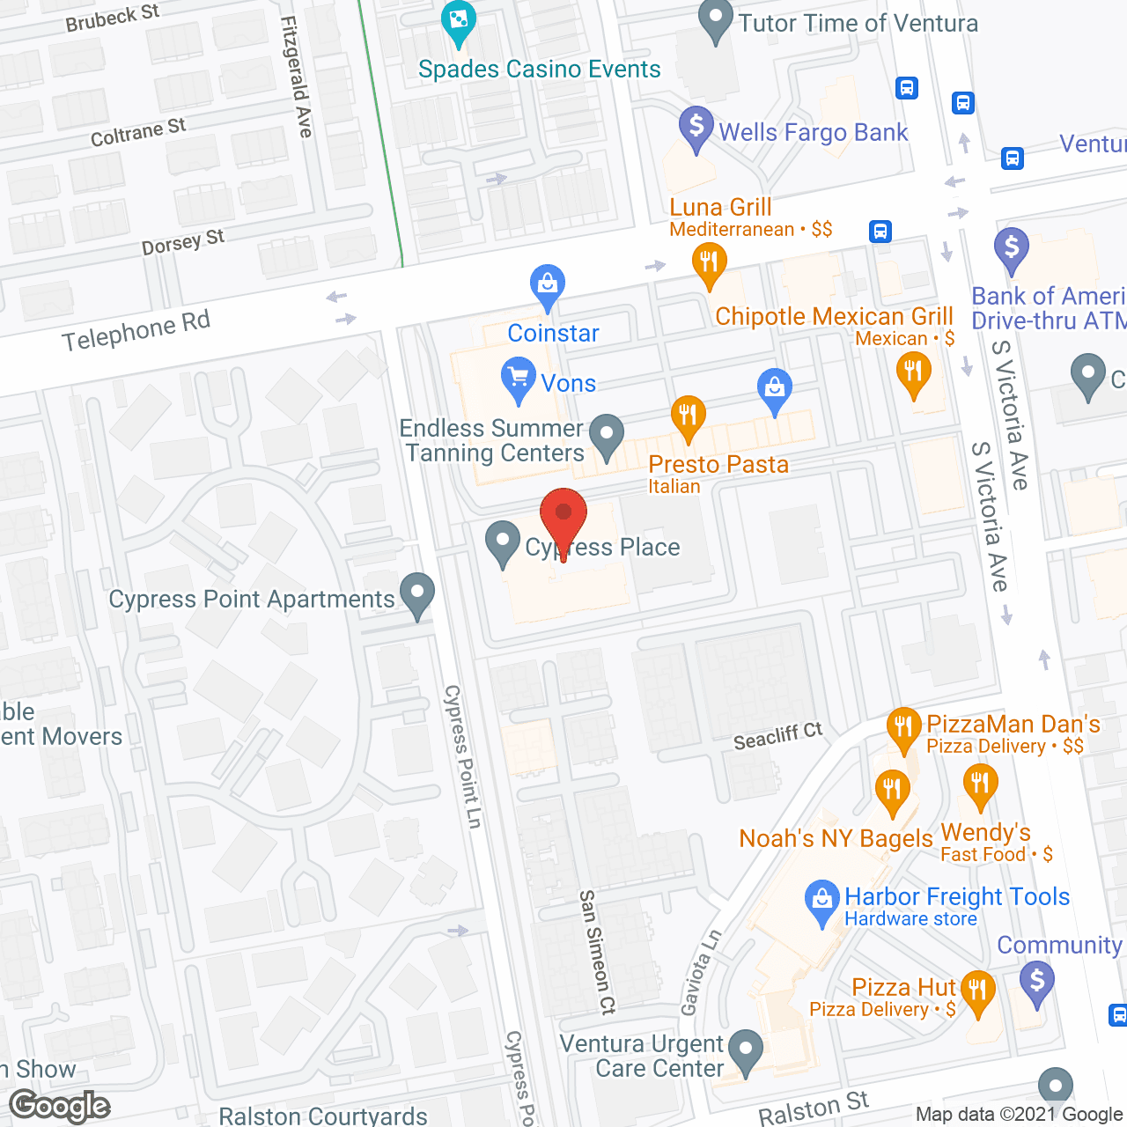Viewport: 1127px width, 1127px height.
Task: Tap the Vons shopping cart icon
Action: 518,379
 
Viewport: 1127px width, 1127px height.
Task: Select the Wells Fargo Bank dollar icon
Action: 696,128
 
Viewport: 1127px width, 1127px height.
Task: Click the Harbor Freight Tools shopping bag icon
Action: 821,901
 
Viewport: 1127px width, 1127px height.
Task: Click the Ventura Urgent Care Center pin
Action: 747,1050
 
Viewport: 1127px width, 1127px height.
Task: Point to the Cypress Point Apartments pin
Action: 417,594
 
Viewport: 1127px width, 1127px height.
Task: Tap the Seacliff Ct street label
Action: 777,736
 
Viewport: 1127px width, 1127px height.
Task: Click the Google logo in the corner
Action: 60,1105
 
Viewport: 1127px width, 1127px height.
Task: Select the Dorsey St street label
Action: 183,242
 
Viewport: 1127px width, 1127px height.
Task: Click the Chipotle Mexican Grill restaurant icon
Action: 913,372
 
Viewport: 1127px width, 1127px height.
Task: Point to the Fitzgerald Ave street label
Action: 297,77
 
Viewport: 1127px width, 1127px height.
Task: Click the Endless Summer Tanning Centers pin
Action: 606,435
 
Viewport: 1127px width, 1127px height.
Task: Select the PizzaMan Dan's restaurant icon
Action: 903,728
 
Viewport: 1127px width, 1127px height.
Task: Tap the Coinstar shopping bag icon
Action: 547,285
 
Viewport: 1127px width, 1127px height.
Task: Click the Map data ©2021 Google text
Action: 1020,1115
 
